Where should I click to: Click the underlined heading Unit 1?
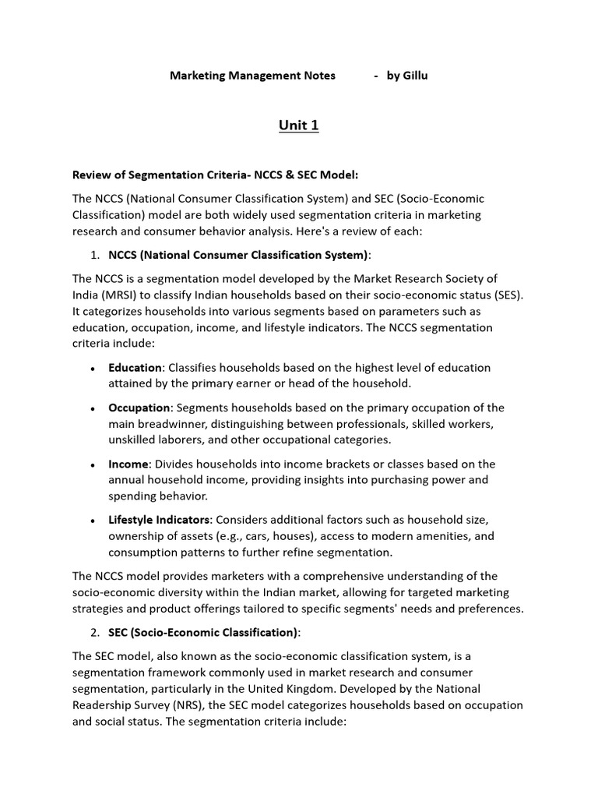[x=299, y=125]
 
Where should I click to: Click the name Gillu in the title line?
[x=413, y=76]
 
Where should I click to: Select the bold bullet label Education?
[x=135, y=367]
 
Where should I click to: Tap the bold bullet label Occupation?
[x=139, y=408]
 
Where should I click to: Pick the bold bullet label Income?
[x=128, y=464]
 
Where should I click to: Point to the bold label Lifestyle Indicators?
[x=159, y=520]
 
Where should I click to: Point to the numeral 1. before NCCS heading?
[x=97, y=255]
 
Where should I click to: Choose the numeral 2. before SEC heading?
[x=97, y=632]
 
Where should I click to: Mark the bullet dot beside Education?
[x=93, y=368]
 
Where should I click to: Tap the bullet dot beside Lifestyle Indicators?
[x=93, y=521]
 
